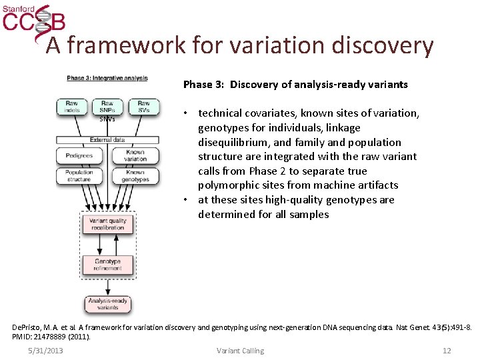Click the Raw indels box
point(71,106)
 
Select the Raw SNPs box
point(107,107)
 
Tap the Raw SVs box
point(143,106)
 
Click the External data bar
point(107,140)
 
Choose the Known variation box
point(135,155)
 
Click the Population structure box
point(79,175)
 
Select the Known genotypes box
point(135,175)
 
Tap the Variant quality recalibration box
point(107,223)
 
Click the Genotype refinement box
point(107,265)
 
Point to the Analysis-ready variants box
point(107,303)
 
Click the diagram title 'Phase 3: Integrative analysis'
point(107,78)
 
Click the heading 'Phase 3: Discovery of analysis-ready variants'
point(295,85)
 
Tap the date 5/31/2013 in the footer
point(45,351)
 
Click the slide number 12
point(447,351)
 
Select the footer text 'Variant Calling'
point(240,351)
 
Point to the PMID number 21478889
point(48,337)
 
